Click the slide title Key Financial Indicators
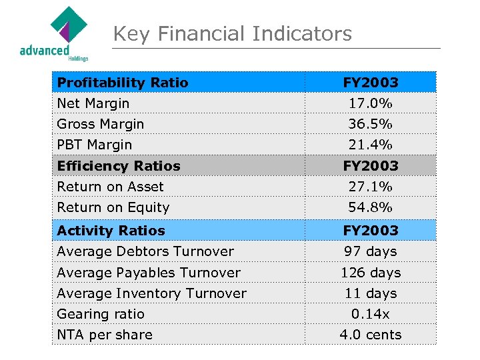232,33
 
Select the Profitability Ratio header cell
123,83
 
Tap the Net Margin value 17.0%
370,103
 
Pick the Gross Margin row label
101,124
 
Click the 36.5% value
370,124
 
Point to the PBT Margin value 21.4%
370,145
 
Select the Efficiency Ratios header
119,166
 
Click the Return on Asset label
110,187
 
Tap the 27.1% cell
370,187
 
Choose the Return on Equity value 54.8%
370,207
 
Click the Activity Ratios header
111,231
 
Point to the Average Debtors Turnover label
145,251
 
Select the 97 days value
370,251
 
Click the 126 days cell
370,273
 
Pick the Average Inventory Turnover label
151,293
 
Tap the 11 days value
370,293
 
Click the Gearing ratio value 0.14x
370,314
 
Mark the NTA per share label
105,335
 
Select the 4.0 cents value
370,335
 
